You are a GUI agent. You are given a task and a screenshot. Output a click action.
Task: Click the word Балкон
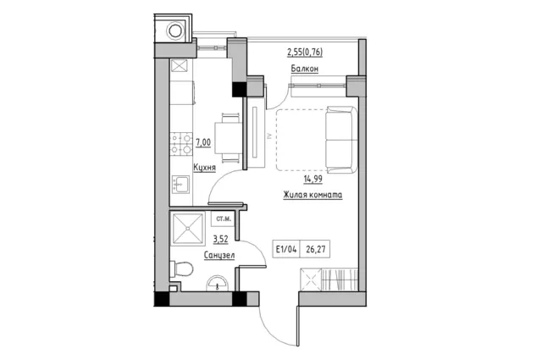[305, 69]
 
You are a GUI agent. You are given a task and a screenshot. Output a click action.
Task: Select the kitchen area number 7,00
[203, 142]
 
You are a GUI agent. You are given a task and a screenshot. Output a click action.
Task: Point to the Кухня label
[204, 168]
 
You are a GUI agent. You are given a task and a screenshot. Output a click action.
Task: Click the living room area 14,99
[312, 179]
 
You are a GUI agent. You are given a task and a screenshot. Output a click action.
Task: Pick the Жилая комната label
[312, 195]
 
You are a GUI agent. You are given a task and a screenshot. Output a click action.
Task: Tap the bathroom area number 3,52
[220, 239]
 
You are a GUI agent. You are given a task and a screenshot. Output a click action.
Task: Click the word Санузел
[219, 256]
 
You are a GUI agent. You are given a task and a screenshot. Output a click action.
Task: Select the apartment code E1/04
[286, 249]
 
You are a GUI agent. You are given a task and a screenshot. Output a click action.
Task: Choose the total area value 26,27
[316, 249]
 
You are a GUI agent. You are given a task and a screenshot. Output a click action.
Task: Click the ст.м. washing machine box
[223, 219]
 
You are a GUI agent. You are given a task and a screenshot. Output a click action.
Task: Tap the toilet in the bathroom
[181, 269]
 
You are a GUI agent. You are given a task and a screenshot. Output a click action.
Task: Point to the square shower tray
[188, 228]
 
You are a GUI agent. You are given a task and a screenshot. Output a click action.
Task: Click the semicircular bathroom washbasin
[217, 284]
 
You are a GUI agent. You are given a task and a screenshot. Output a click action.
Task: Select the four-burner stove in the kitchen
[181, 143]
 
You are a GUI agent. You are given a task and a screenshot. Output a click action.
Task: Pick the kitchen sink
[180, 185]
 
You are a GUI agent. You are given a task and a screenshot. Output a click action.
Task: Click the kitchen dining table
[228, 138]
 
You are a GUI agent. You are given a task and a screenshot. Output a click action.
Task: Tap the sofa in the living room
[341, 140]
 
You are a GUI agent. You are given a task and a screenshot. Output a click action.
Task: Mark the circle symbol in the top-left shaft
[175, 30]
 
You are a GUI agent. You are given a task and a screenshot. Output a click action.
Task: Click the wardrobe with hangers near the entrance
[329, 280]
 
